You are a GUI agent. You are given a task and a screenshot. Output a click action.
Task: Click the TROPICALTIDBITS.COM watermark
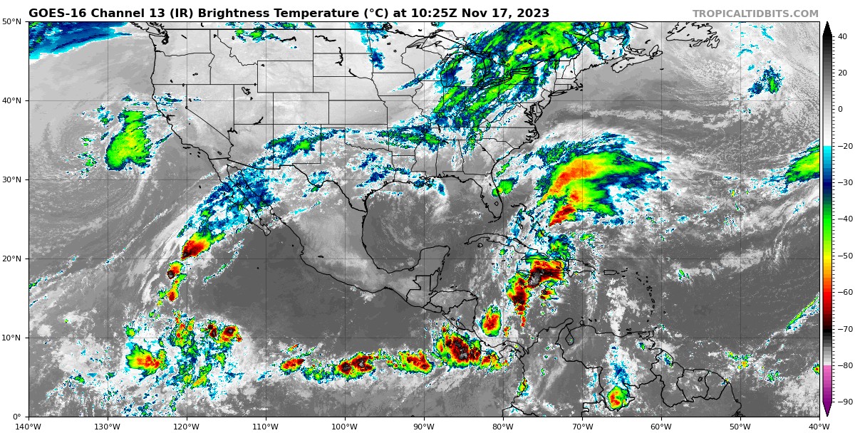pyautogui.click(x=755, y=14)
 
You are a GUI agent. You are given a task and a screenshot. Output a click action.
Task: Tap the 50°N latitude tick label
pyautogui.click(x=11, y=22)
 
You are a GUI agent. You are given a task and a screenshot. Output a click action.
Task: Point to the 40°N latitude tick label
pyautogui.click(x=11, y=101)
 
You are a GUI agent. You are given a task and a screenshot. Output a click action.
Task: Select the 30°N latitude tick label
pyautogui.click(x=11, y=180)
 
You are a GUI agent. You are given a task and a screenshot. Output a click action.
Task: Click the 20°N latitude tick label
pyautogui.click(x=11, y=259)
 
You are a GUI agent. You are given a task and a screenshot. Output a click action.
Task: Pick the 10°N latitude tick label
pyautogui.click(x=11, y=338)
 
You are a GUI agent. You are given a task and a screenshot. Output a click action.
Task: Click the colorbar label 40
pyautogui.click(x=842, y=36)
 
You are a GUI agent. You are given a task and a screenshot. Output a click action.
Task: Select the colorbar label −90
pyautogui.click(x=844, y=402)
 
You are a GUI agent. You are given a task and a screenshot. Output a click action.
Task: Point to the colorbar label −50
pyautogui.click(x=844, y=256)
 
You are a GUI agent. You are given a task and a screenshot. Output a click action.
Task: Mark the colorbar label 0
pyautogui.click(x=840, y=110)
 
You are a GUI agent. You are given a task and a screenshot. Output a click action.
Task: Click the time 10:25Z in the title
pyautogui.click(x=443, y=13)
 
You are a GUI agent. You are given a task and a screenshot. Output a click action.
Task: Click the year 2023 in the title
pyautogui.click(x=533, y=13)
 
